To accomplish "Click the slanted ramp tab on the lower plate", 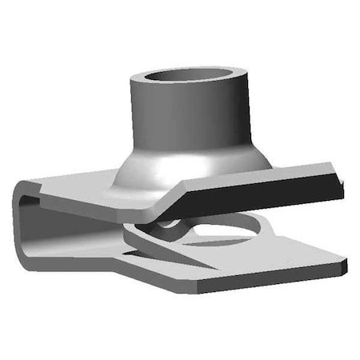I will (156, 244).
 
